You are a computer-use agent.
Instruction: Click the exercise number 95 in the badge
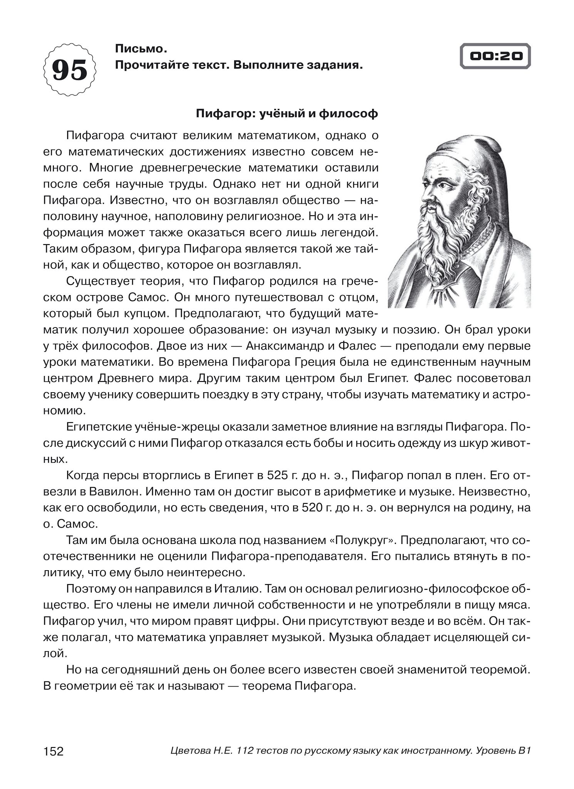pos(70,70)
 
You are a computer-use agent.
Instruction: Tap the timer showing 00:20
pos(496,56)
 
